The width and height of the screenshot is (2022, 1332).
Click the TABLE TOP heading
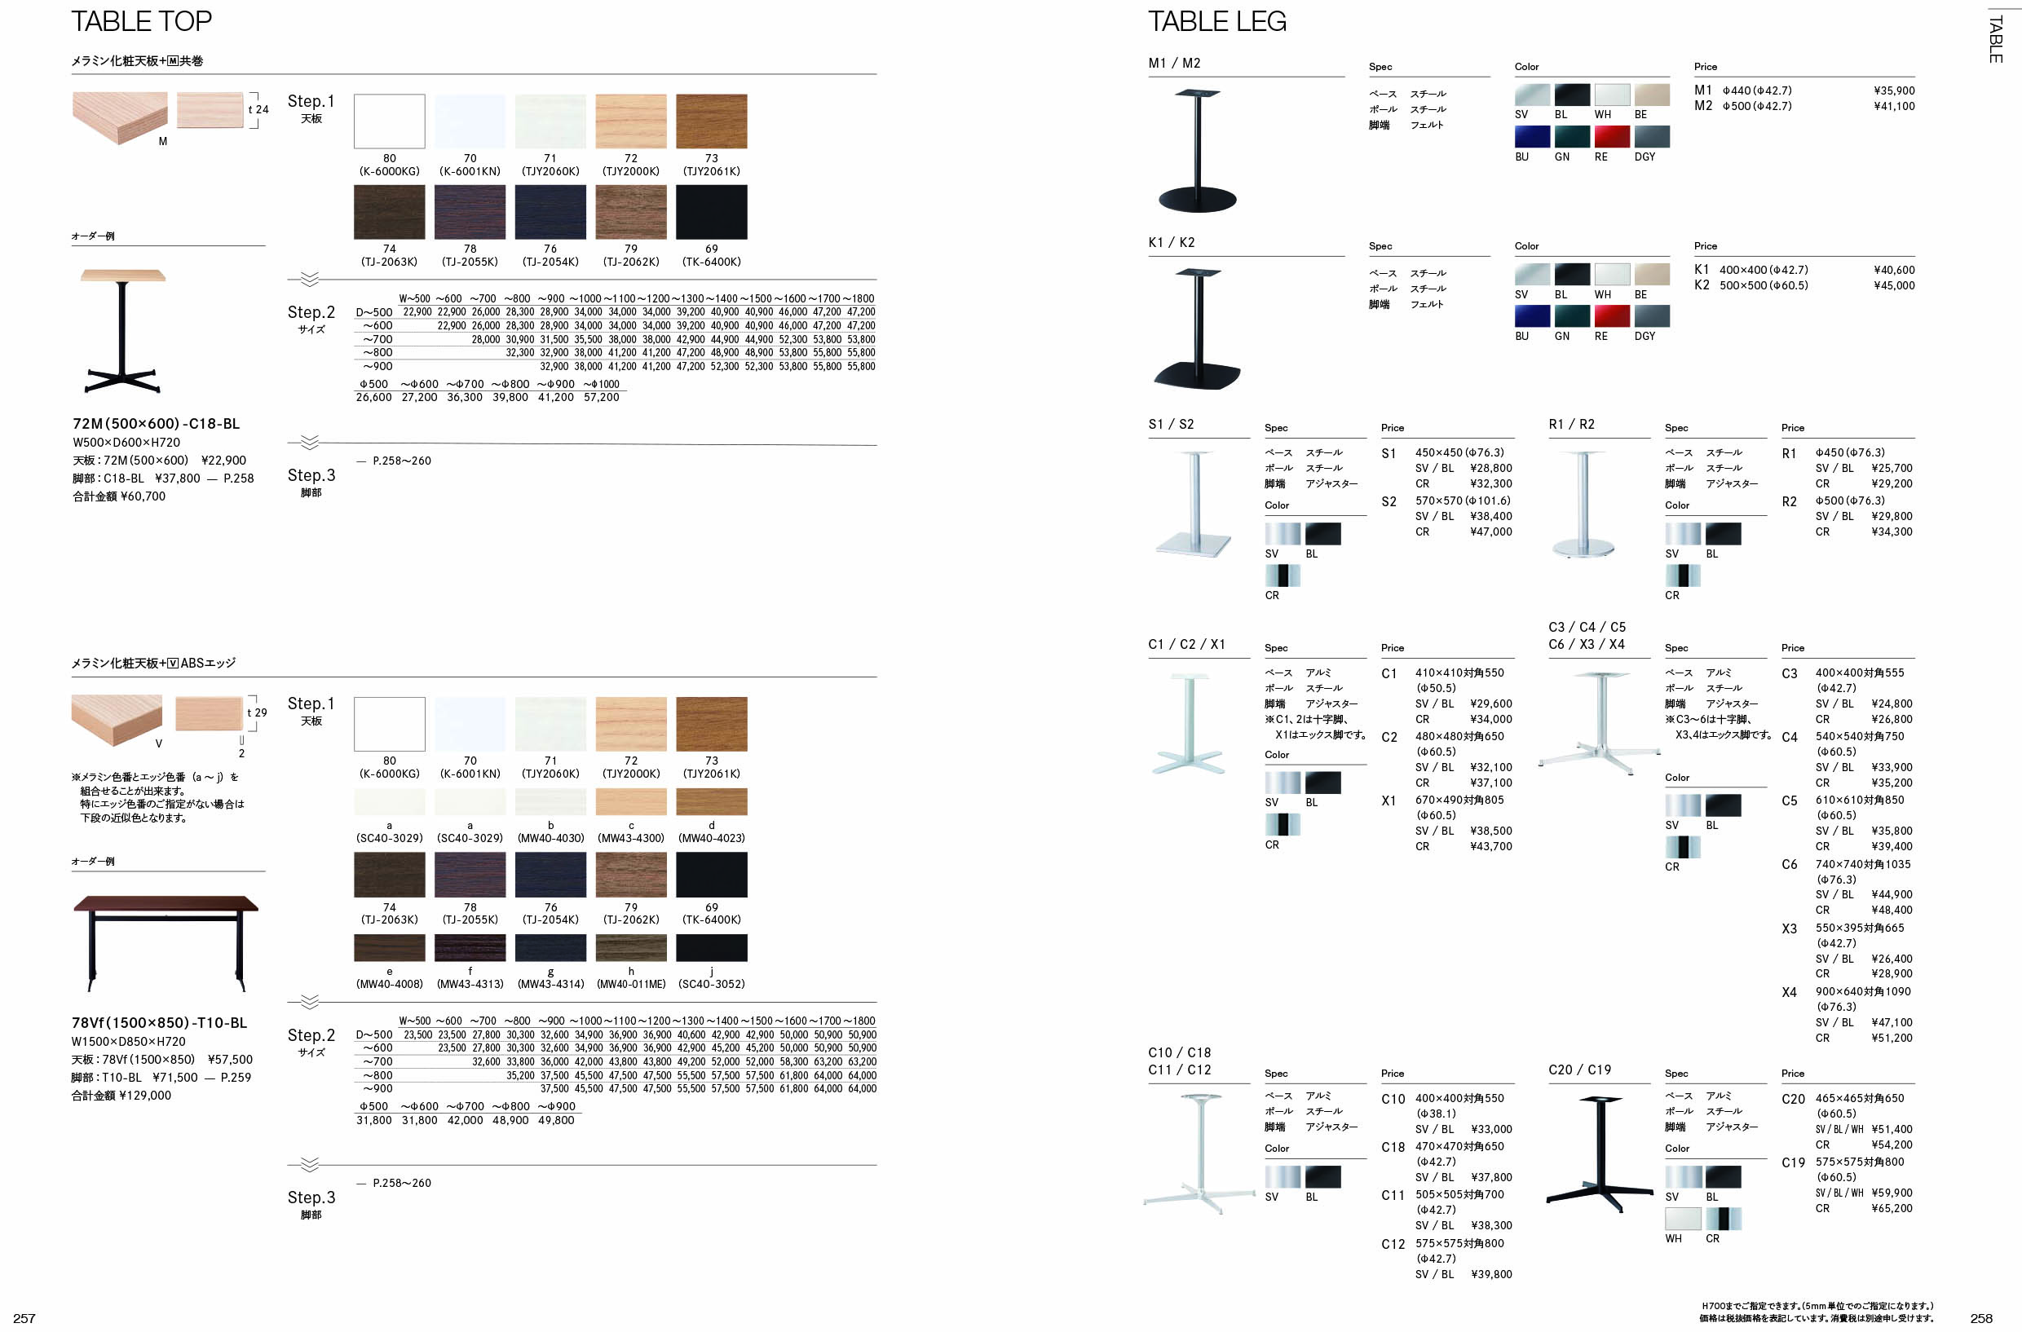coord(141,21)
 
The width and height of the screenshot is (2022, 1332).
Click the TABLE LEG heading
coord(1216,21)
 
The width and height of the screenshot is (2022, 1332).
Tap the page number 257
coord(24,1317)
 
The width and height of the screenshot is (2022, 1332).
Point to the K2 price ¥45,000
coord(1894,285)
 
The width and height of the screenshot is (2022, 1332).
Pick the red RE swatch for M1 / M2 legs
coord(1612,137)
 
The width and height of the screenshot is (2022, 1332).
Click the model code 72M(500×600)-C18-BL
coord(157,423)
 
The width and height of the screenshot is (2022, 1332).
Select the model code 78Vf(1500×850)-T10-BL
coord(160,1023)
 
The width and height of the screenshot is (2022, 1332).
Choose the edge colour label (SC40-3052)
coord(711,984)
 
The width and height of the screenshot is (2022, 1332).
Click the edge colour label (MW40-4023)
coord(711,838)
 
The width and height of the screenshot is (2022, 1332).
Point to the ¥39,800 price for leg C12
coord(1491,1273)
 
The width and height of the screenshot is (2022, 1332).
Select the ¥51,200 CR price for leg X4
coord(1892,1037)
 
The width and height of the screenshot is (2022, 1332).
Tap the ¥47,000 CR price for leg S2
coord(1491,531)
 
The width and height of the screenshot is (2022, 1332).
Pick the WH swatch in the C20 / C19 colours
coord(1682,1219)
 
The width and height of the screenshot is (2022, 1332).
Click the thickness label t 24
coord(258,109)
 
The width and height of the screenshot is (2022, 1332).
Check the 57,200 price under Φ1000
coord(601,397)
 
